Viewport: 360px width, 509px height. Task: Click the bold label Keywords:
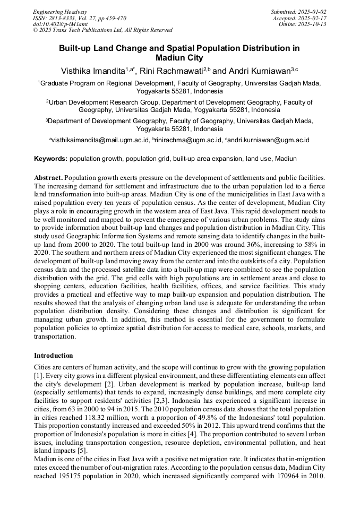click(x=51, y=159)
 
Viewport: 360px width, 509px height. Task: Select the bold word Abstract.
click(x=48, y=177)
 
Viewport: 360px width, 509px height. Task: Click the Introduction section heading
click(x=54, y=355)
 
